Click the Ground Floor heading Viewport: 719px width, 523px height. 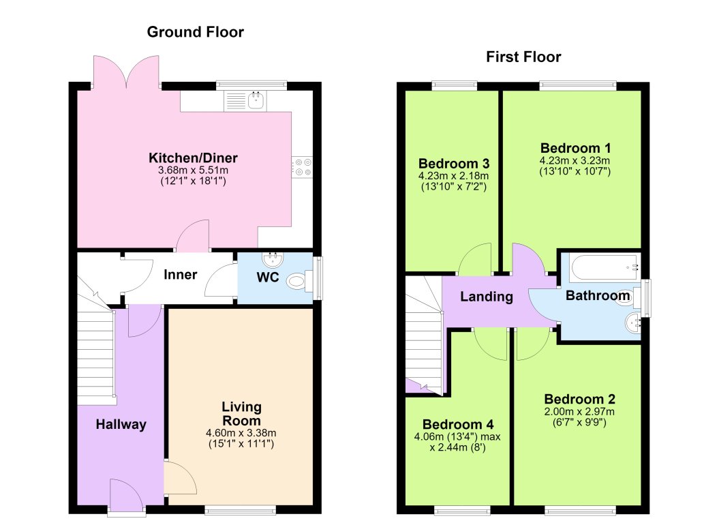(196, 32)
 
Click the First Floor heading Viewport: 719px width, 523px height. (523, 57)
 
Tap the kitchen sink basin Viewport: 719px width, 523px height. (257, 100)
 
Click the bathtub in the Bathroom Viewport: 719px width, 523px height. (604, 267)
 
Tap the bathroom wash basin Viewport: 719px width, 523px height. (633, 323)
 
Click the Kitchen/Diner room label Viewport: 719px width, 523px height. (193, 158)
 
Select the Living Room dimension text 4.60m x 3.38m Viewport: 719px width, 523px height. (241, 432)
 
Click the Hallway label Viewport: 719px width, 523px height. (121, 424)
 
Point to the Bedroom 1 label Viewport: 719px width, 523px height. (575, 148)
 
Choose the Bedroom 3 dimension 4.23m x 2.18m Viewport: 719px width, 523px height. (453, 176)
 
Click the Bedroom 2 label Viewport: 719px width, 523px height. (579, 399)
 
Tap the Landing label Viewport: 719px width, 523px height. (487, 297)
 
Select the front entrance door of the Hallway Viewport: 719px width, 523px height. (127, 496)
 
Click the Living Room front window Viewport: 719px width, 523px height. (241, 509)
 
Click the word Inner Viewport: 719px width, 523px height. (180, 275)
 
